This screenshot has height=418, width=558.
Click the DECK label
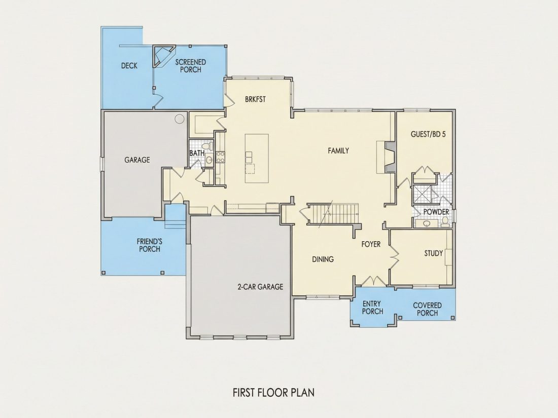coord(129,66)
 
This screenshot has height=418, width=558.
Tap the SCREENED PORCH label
coord(191,66)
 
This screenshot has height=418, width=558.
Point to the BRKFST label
coord(255,99)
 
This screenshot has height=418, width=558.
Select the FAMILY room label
coord(338,150)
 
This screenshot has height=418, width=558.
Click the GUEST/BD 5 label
coord(428,134)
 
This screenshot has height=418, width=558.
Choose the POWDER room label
coord(436,212)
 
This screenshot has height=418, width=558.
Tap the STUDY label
coord(433,253)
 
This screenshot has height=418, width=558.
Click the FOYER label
coord(371,244)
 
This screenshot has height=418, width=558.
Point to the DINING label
coord(323,259)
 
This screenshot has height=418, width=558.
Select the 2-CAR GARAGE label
coord(260,287)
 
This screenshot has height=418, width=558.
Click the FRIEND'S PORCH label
coord(150,245)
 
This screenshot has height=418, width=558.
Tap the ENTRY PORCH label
coord(373,308)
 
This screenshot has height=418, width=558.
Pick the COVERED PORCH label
coord(428,309)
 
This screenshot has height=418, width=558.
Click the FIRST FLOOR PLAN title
coord(273,393)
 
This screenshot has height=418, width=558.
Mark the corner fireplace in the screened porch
coord(163,56)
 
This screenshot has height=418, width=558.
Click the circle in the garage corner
coord(180,119)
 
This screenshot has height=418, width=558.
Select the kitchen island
coord(257,159)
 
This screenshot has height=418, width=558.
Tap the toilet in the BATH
coord(207,146)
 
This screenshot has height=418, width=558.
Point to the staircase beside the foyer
coord(333,214)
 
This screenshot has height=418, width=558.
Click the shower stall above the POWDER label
coord(422,195)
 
